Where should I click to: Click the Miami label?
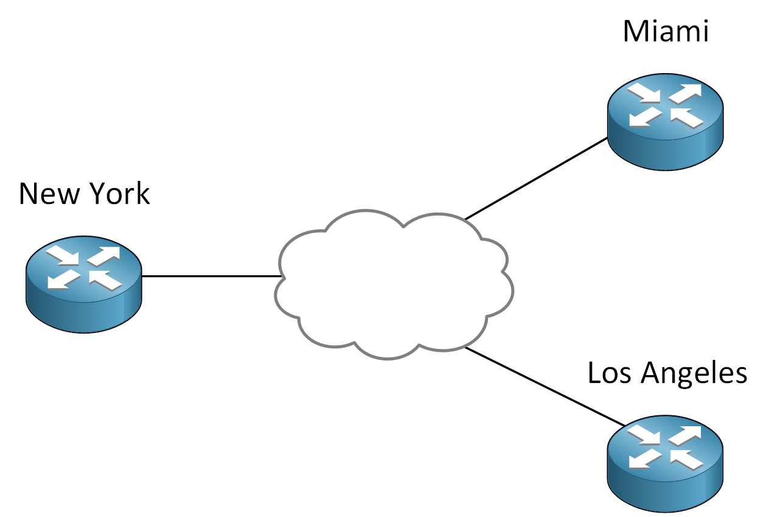[666, 32]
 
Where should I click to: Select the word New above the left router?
[49, 194]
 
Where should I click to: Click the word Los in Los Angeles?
[609, 373]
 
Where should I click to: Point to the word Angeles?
[694, 375]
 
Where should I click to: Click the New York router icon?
[84, 284]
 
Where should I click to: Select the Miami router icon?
[666, 121]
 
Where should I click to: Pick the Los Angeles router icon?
[666, 464]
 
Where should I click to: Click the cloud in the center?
[394, 284]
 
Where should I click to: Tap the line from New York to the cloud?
[211, 276]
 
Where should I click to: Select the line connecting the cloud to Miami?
[536, 178]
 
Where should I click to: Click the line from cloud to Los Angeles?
[545, 387]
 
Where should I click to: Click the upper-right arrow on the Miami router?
[686, 93]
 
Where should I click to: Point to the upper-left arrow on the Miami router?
[644, 93]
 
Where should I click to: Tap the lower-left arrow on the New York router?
[64, 279]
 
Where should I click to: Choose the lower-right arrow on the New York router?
[105, 281]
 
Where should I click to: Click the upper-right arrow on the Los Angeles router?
[685, 435]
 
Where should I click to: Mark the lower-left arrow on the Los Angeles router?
[645, 459]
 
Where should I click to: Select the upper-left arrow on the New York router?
[63, 256]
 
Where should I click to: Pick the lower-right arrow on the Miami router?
[687, 118]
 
